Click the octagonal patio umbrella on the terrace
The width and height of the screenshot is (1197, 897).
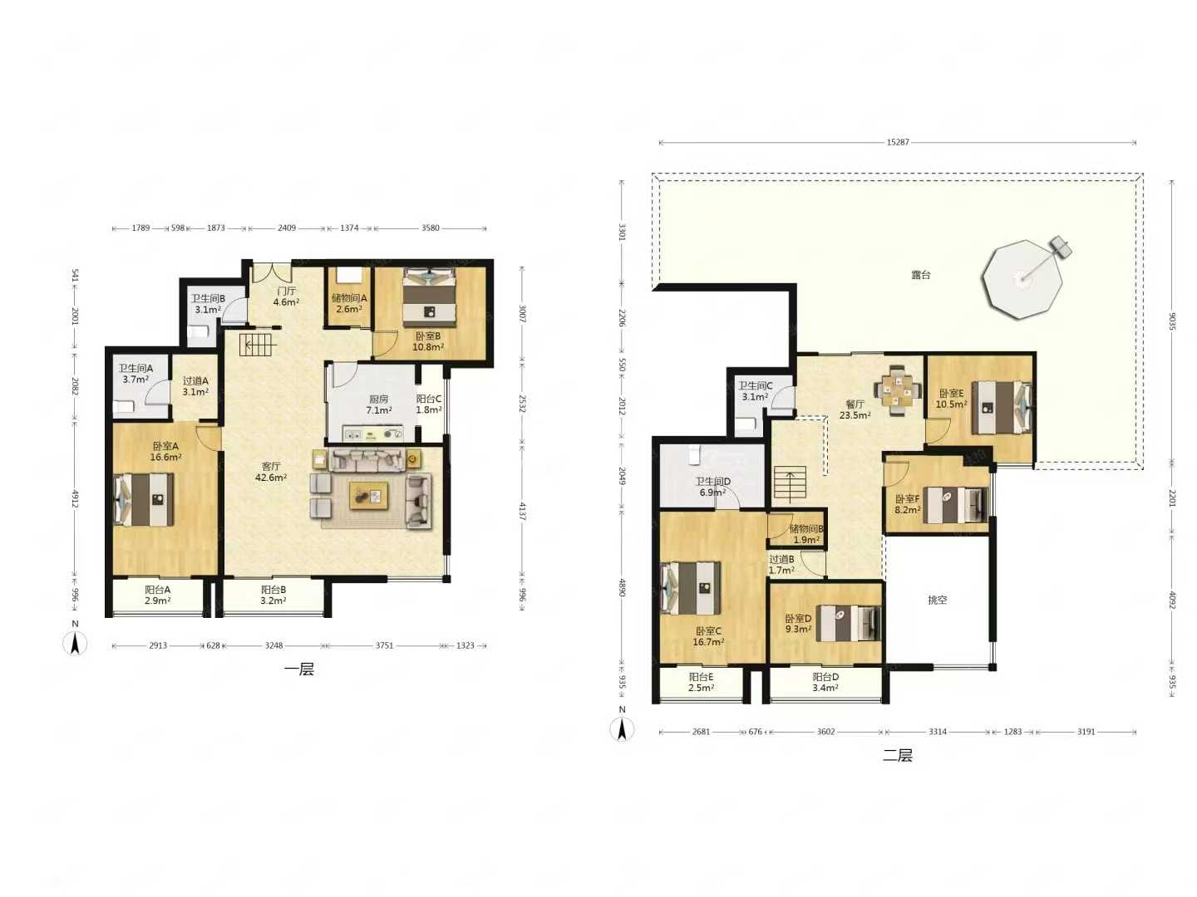tap(1022, 279)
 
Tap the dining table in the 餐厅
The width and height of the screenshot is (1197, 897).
tap(898, 390)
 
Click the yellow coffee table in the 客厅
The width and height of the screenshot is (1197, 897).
tap(368, 495)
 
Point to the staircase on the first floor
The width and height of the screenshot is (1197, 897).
tap(258, 345)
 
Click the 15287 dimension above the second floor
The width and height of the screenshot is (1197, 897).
tap(897, 142)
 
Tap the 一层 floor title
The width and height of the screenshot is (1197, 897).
tap(299, 669)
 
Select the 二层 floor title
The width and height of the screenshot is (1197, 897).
tap(897, 756)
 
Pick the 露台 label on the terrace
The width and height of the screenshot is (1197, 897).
tap(920, 275)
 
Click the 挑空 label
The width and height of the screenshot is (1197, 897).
tap(937, 600)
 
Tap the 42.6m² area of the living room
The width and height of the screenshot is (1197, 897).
tap(271, 478)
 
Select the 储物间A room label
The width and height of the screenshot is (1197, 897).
tap(349, 298)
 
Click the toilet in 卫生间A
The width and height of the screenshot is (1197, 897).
tap(125, 406)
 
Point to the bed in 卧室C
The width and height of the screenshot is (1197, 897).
tap(691, 588)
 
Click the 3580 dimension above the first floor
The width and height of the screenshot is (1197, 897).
tap(430, 228)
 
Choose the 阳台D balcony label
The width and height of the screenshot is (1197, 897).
tap(825, 677)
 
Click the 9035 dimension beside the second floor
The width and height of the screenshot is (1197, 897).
tap(1172, 321)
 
